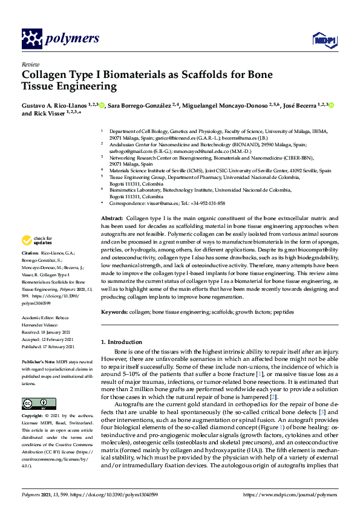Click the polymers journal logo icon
click(31, 39)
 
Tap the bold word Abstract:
click(112, 218)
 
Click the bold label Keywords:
click(114, 312)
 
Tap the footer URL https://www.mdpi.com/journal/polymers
click(287, 494)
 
